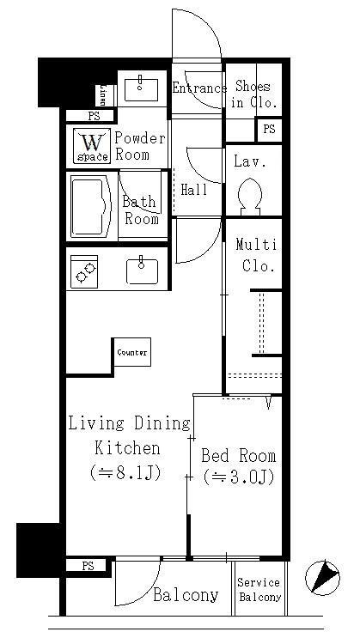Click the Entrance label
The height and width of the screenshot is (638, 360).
click(x=198, y=88)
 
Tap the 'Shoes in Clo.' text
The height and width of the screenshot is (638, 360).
click(x=252, y=94)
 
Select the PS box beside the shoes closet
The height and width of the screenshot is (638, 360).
click(x=269, y=129)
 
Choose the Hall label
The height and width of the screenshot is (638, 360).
click(x=194, y=190)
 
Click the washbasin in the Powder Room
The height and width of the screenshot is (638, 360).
click(x=139, y=86)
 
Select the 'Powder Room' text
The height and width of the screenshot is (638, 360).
click(x=140, y=146)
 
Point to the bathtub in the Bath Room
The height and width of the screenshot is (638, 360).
click(x=90, y=206)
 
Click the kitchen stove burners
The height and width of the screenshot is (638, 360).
click(x=84, y=272)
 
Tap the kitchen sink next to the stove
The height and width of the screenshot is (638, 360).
click(x=142, y=271)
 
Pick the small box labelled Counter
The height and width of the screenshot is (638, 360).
click(x=131, y=352)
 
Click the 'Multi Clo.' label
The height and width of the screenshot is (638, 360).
click(x=255, y=255)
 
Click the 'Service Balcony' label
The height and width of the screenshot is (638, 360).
click(x=259, y=590)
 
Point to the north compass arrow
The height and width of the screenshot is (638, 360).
click(x=323, y=576)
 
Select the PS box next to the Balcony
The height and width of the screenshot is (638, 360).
click(x=88, y=566)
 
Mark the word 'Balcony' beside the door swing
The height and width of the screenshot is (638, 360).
click(x=186, y=595)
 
